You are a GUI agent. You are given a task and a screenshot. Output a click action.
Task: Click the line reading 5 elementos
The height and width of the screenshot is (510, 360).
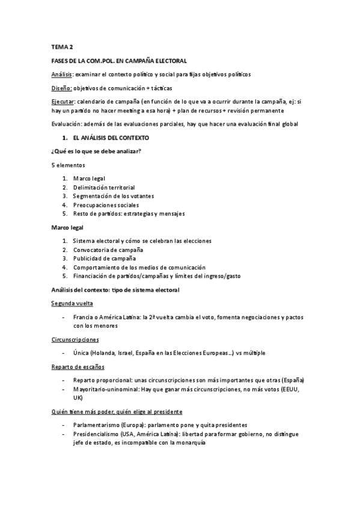[68, 165]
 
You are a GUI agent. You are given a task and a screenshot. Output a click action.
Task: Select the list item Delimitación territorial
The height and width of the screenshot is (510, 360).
[104, 187]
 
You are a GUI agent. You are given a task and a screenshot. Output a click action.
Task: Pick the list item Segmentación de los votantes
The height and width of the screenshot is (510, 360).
[114, 196]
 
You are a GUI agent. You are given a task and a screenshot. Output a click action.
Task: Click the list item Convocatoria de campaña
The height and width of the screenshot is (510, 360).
[108, 250]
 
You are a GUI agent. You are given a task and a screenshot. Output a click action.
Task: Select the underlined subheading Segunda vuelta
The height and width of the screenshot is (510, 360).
[72, 303]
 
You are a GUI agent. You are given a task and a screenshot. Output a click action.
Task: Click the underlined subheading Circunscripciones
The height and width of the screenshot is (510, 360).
[75, 339]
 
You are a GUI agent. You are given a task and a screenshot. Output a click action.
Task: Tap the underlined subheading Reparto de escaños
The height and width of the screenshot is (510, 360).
[77, 366]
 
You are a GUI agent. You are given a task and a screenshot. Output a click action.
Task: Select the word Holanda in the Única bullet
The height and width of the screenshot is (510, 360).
[108, 353]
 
